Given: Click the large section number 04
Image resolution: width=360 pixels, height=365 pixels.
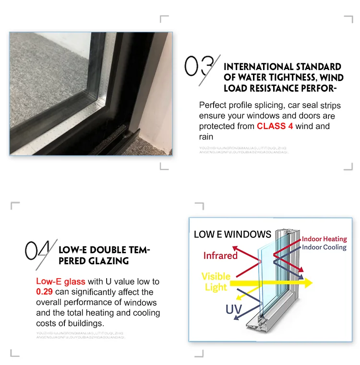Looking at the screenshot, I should point(40,250).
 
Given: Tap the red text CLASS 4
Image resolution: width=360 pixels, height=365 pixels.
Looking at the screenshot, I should point(275,127).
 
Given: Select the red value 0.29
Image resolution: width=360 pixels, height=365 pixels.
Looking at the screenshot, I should point(45,292).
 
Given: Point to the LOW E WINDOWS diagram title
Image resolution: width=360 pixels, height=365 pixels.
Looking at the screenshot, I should point(232,235).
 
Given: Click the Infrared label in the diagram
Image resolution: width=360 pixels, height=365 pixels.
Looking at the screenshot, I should point(220,256).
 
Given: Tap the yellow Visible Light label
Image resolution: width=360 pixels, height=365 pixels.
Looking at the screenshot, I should point(216,282).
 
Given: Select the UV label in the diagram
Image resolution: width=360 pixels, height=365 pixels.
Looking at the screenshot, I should point(233,309).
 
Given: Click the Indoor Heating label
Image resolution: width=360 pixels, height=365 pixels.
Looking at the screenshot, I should point(324,239).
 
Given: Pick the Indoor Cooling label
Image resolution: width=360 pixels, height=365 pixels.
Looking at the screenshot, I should point(324,247).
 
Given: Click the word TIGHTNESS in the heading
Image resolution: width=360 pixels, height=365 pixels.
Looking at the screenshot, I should point(285,78).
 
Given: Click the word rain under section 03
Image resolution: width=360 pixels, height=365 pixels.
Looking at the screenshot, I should point(206,137).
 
